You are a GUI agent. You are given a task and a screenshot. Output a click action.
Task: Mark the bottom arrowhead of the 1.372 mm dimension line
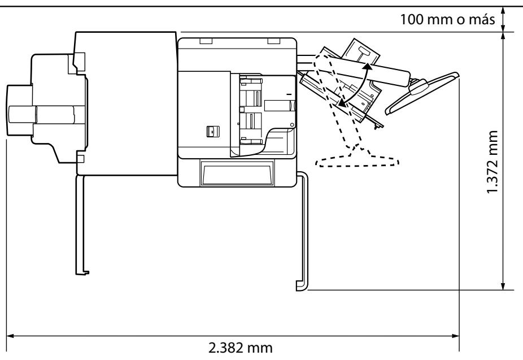tap(503, 286)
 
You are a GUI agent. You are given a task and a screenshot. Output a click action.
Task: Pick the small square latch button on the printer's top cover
tap(211, 131)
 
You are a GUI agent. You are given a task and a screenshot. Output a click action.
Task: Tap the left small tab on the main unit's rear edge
tap(204, 41)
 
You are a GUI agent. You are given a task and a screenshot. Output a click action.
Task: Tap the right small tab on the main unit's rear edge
tap(274, 41)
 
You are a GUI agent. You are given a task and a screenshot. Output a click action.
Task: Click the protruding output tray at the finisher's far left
tap(20, 110)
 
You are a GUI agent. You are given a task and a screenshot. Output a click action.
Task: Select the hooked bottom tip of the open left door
tap(84, 272)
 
